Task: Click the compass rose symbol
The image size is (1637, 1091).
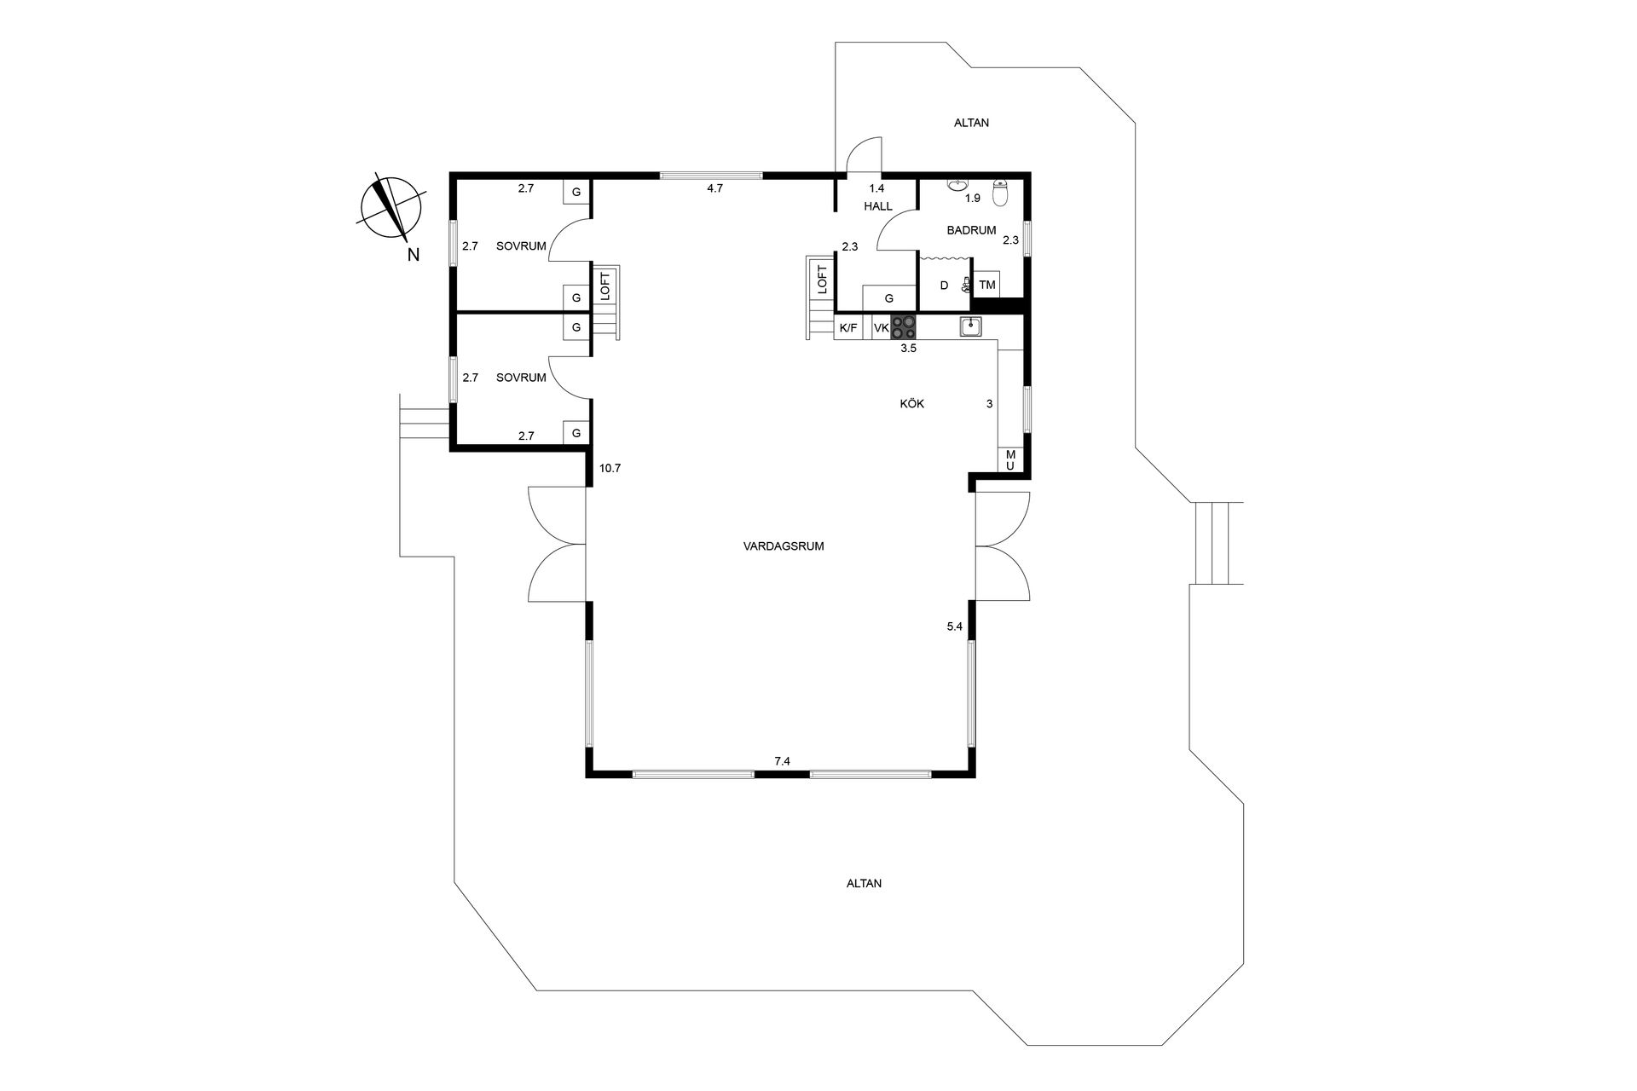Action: [390, 206]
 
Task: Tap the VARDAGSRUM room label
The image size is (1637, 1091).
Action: [784, 546]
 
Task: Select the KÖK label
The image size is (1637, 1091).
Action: [912, 404]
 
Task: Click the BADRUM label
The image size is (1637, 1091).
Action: [971, 230]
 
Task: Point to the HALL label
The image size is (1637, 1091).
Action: [878, 206]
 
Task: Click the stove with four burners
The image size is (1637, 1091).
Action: [905, 327]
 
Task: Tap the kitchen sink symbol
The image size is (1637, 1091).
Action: [970, 326]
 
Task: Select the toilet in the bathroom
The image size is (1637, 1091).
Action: [1001, 192]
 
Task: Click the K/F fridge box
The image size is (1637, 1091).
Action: [848, 327]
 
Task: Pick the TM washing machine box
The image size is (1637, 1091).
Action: [987, 285]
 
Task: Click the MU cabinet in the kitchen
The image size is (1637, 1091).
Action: [1009, 460]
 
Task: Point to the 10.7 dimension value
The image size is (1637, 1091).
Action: [610, 468]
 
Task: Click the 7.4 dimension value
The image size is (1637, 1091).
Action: [783, 761]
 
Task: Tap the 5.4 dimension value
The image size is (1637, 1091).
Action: [954, 626]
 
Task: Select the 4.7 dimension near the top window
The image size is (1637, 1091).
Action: [714, 188]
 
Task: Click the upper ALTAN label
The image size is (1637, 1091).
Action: [971, 123]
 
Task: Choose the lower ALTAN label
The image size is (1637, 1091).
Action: [864, 884]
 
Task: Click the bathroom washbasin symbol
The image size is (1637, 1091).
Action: [957, 184]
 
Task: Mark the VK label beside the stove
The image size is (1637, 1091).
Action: [882, 327]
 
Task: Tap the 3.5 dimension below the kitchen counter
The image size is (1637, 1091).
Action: [908, 348]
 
